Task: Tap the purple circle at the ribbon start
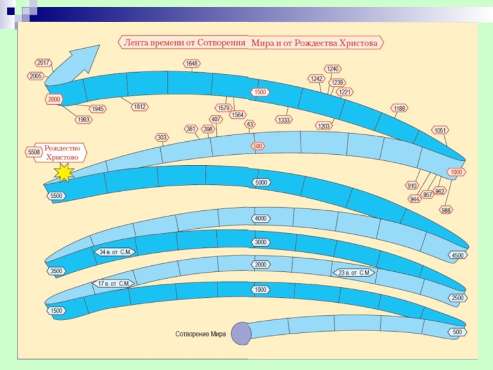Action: [x=241, y=334]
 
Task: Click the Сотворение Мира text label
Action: [x=201, y=334]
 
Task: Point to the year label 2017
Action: [x=43, y=63]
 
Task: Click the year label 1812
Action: [x=140, y=107]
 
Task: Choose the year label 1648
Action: [x=192, y=64]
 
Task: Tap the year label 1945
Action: [x=98, y=109]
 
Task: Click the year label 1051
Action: [x=440, y=131]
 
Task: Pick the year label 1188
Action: [x=399, y=109]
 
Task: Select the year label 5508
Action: [x=34, y=152]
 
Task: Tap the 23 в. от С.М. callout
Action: [x=354, y=273]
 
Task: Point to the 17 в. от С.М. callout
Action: [x=114, y=284]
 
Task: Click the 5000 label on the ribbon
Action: [x=261, y=183]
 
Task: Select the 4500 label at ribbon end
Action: [x=457, y=255]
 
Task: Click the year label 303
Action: [x=162, y=137]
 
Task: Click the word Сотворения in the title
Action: [x=221, y=43]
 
